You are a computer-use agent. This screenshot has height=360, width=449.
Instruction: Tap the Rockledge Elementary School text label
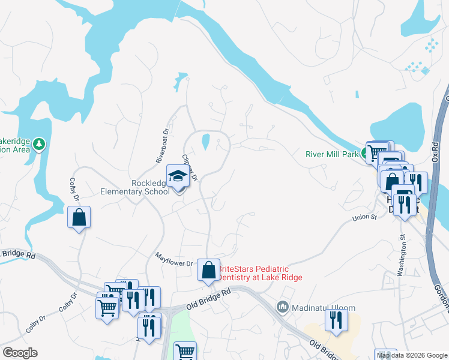pyautogui.click(x=134, y=187)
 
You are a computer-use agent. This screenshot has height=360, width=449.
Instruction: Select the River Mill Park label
pyautogui.click(x=332, y=154)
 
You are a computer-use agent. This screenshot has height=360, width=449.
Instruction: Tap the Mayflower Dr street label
pyautogui.click(x=174, y=263)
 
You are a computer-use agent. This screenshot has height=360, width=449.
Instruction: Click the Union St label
pyautogui.click(x=364, y=217)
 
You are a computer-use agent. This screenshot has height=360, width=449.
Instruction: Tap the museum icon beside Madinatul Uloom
pyautogui.click(x=283, y=307)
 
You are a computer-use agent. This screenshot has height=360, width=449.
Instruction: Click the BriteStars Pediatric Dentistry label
pyautogui.click(x=259, y=273)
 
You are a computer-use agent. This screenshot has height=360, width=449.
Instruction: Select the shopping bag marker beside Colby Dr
pyautogui.click(x=79, y=217)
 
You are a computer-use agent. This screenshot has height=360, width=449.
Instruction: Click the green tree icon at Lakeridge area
pyautogui.click(x=39, y=144)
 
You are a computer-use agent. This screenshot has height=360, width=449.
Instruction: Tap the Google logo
pyautogui.click(x=19, y=353)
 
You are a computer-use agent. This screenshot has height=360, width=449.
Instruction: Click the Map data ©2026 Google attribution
pyautogui.click(x=412, y=355)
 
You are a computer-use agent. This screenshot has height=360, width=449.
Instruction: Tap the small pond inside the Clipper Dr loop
pyautogui.click(x=205, y=142)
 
